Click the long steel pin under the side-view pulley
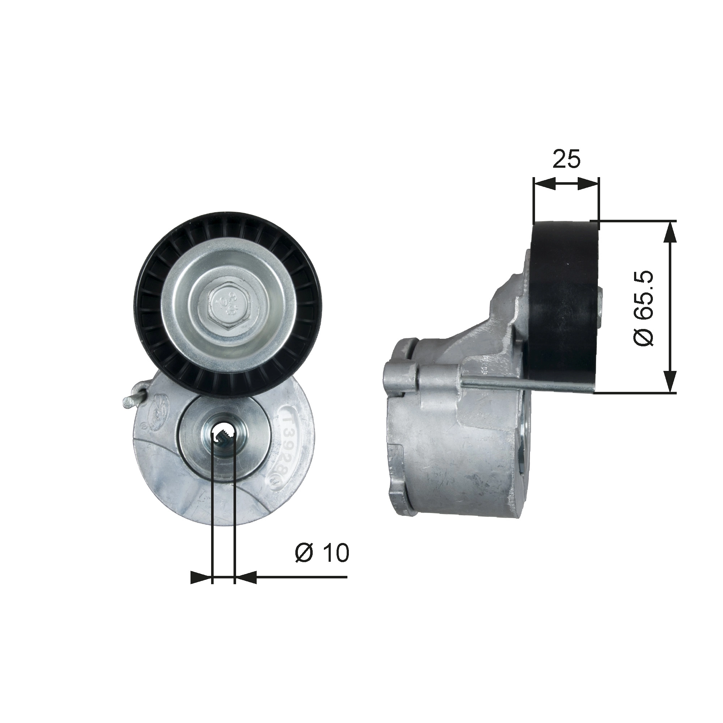524,388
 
